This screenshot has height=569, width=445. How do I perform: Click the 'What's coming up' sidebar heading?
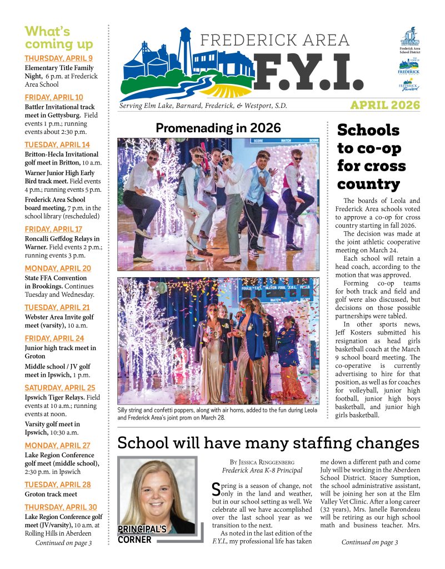[58, 37]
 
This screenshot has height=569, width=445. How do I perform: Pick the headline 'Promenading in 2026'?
[218, 128]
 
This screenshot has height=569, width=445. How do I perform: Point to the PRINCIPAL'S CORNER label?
[142, 534]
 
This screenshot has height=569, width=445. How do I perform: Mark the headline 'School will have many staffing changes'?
[268, 443]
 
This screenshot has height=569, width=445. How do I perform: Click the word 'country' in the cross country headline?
[368, 184]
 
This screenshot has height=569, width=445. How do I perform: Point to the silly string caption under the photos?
[218, 414]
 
